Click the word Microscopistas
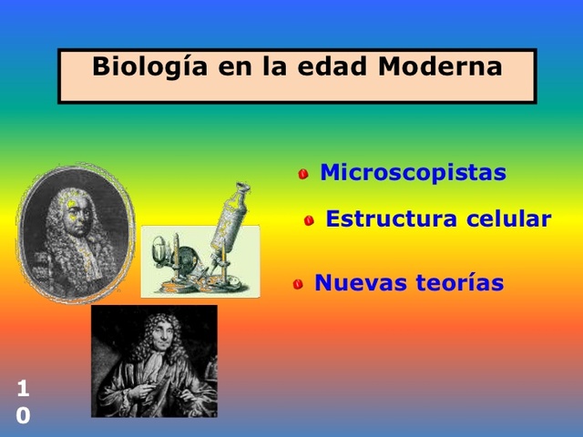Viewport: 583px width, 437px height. [x=413, y=172]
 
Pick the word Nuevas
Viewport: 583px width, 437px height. [x=354, y=283]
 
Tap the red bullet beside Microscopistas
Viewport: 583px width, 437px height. [x=303, y=174]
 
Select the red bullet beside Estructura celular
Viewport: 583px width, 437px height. [x=310, y=220]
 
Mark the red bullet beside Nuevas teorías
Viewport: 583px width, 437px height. [x=298, y=285]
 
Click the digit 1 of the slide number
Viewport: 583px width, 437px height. [x=23, y=390]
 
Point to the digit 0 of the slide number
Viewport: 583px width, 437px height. [x=23, y=416]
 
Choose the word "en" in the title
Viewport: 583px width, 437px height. [x=230, y=68]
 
